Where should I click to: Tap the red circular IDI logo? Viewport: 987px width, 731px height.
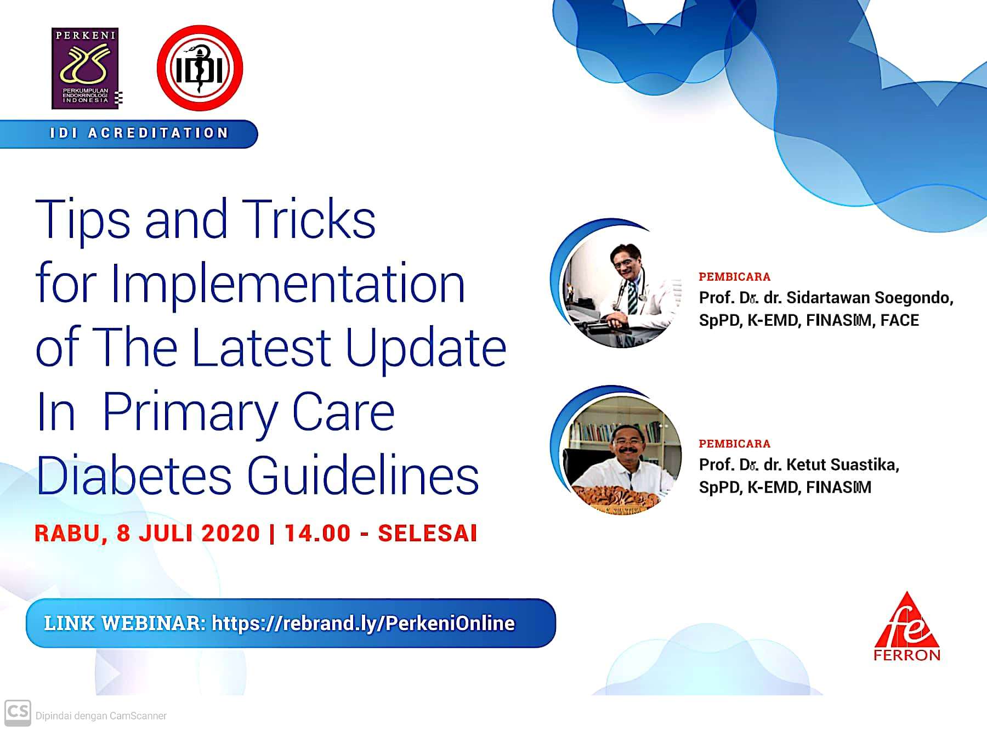pyautogui.click(x=200, y=69)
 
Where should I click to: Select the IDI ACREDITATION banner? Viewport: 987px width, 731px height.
pyautogui.click(x=129, y=133)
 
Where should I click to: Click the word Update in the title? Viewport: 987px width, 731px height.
pyautogui.click(x=426, y=349)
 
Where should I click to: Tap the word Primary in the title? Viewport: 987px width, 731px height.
pyautogui.click(x=189, y=413)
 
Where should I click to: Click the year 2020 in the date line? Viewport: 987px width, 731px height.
pyautogui.click(x=230, y=533)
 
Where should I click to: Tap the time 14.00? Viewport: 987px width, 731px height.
pyautogui.click(x=317, y=533)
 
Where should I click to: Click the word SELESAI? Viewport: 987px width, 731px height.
pyautogui.click(x=428, y=533)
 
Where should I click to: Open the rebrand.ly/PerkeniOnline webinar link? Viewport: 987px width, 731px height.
pyautogui.click(x=363, y=623)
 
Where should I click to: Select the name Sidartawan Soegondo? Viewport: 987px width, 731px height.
pyautogui.click(x=870, y=297)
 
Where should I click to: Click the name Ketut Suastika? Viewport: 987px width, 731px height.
pyautogui.click(x=842, y=464)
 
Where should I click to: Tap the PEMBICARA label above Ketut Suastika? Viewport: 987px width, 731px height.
pyautogui.click(x=734, y=443)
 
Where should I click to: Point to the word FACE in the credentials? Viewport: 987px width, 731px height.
pyautogui.click(x=899, y=320)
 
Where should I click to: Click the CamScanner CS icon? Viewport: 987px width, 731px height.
pyautogui.click(x=18, y=713)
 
